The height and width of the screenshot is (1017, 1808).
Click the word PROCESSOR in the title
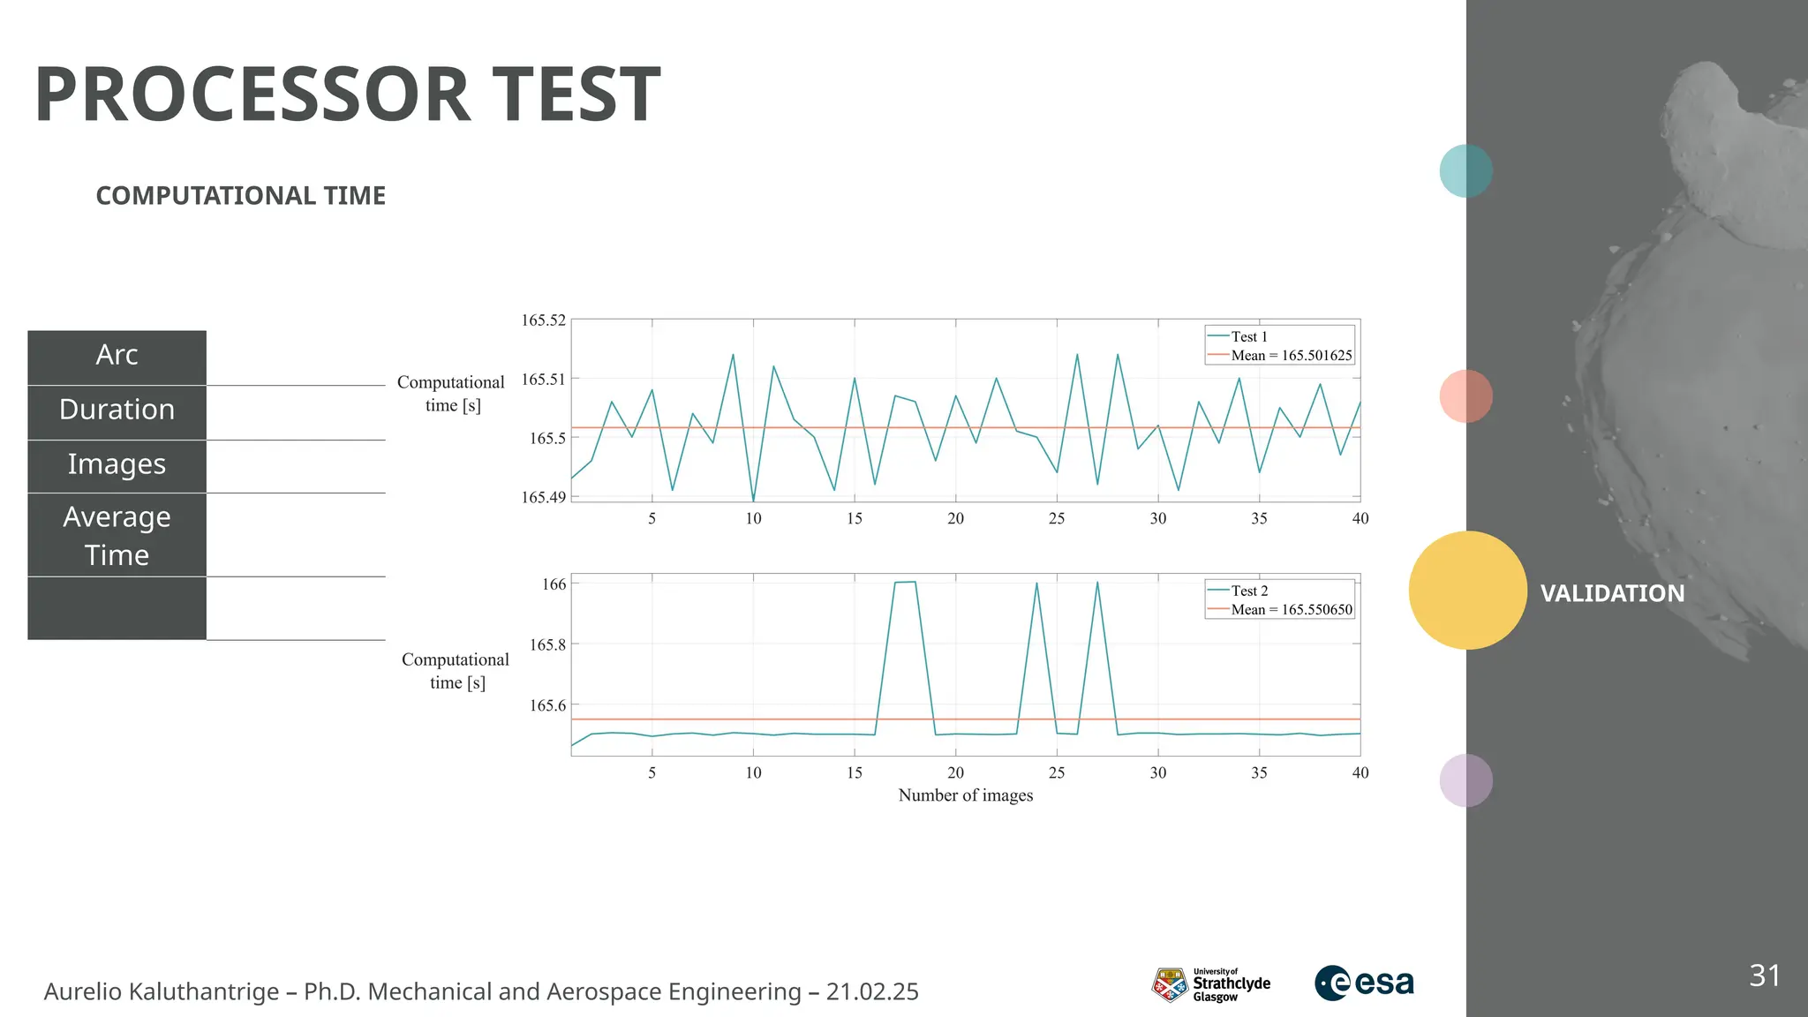pos(252,95)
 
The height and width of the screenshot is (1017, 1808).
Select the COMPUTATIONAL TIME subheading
pos(240,196)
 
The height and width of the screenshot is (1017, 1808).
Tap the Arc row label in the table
pos(117,355)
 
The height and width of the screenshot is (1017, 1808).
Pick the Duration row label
pos(117,410)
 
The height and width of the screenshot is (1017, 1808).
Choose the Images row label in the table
pos(117,464)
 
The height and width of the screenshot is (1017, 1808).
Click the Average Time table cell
pos(117,535)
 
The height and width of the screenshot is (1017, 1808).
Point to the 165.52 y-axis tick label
pos(543,320)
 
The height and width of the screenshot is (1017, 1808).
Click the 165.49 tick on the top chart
pos(543,498)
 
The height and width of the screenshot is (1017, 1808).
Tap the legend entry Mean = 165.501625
pos(1291,356)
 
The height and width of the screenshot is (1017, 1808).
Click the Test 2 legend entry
pos(1248,591)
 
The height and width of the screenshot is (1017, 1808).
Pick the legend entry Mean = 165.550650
pos(1291,610)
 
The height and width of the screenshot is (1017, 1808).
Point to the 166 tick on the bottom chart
pos(554,584)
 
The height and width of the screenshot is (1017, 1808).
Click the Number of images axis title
pos(965,795)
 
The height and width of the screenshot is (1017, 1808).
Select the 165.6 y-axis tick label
pos(547,705)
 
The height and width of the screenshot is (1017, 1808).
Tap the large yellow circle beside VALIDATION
pos(1467,591)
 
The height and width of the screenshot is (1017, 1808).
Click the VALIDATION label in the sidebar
pos(1612,593)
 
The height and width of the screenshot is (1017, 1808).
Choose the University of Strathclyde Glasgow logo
pos(1211,984)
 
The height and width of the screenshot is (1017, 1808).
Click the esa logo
pos(1364,983)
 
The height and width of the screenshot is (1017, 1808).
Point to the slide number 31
pos(1764,976)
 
